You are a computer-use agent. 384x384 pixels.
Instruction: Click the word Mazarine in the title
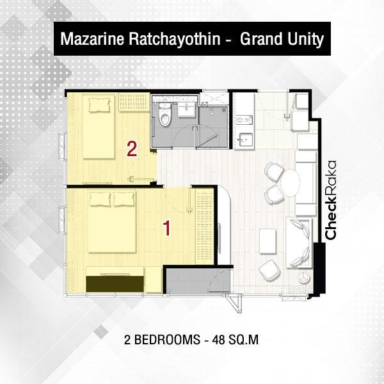[92, 39]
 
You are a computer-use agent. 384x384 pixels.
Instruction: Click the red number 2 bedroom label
[132, 149]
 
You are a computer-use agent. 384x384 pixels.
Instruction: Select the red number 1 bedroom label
[167, 228]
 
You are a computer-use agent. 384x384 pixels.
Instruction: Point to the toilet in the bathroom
[165, 115]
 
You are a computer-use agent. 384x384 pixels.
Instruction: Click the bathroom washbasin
[186, 110]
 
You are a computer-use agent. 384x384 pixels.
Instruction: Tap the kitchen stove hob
[244, 120]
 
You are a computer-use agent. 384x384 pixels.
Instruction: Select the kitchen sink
[245, 140]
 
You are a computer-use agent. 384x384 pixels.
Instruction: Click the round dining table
[291, 182]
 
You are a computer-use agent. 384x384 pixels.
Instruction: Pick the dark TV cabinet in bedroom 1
[115, 284]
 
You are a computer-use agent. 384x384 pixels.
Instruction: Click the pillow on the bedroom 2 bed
[99, 105]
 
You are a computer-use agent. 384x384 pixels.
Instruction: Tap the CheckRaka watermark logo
[331, 200]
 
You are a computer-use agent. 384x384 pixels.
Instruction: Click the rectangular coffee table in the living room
[268, 241]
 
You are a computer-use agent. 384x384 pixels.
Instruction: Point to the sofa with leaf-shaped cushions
[300, 243]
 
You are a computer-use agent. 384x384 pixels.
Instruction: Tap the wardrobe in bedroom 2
[134, 102]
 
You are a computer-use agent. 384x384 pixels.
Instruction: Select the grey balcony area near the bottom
[198, 281]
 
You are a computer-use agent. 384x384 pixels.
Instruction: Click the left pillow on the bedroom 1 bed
[100, 198]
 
